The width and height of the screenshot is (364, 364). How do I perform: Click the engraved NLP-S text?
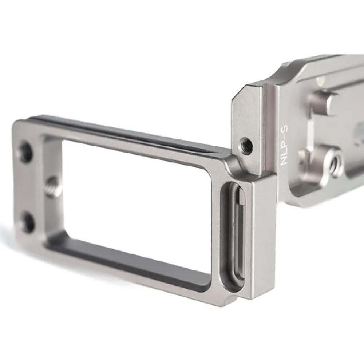(284, 145)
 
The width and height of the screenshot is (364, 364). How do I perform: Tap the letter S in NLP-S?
(284, 129)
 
